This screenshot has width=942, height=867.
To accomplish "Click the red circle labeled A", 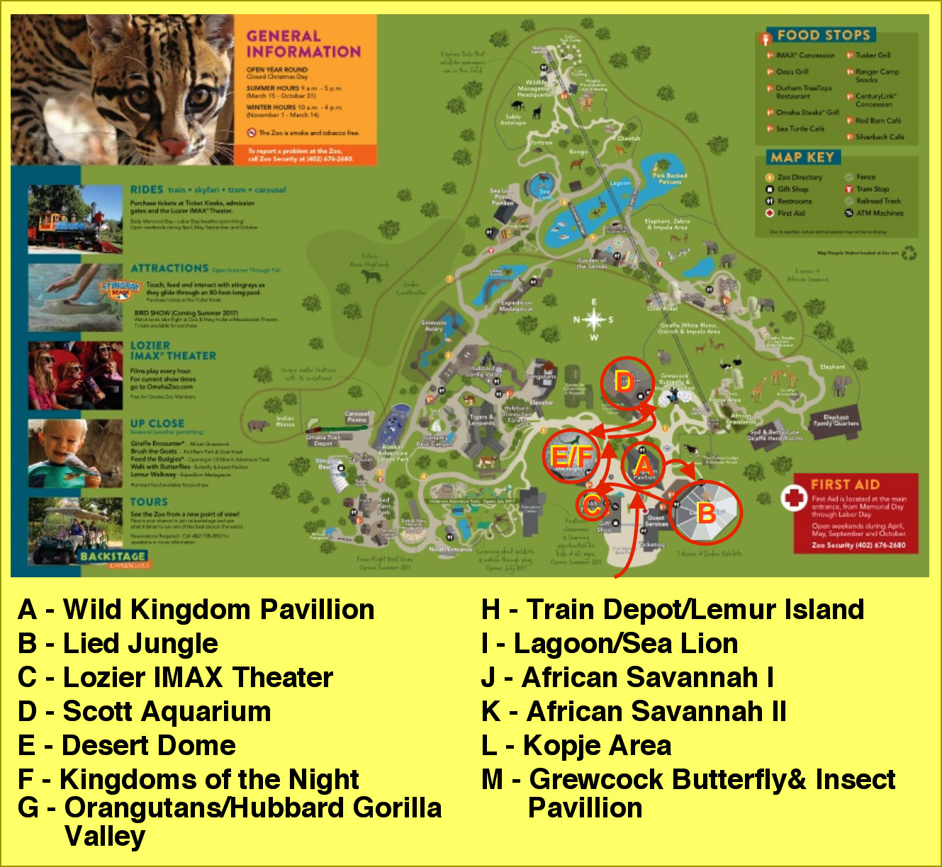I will [643, 465].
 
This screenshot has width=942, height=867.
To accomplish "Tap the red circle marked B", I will [705, 512].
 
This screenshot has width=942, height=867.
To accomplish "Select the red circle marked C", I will [593, 505].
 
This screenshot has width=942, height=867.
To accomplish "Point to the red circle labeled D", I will [626, 383].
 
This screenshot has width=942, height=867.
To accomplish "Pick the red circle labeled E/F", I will [571, 456].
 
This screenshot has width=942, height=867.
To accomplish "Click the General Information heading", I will [303, 44].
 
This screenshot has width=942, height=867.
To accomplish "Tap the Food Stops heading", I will [823, 35].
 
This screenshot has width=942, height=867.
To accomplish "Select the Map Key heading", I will [803, 157].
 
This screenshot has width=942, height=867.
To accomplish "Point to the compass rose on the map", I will [593, 320].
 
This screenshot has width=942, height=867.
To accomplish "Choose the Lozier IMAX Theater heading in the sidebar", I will [173, 351].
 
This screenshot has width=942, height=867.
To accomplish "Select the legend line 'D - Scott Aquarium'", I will [145, 712].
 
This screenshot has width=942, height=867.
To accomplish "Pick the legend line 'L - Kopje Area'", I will [576, 746].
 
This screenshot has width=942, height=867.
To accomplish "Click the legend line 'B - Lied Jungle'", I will [118, 644].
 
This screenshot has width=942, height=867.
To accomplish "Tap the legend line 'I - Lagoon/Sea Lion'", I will [610, 644].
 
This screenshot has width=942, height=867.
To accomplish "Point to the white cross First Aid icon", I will [795, 498].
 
